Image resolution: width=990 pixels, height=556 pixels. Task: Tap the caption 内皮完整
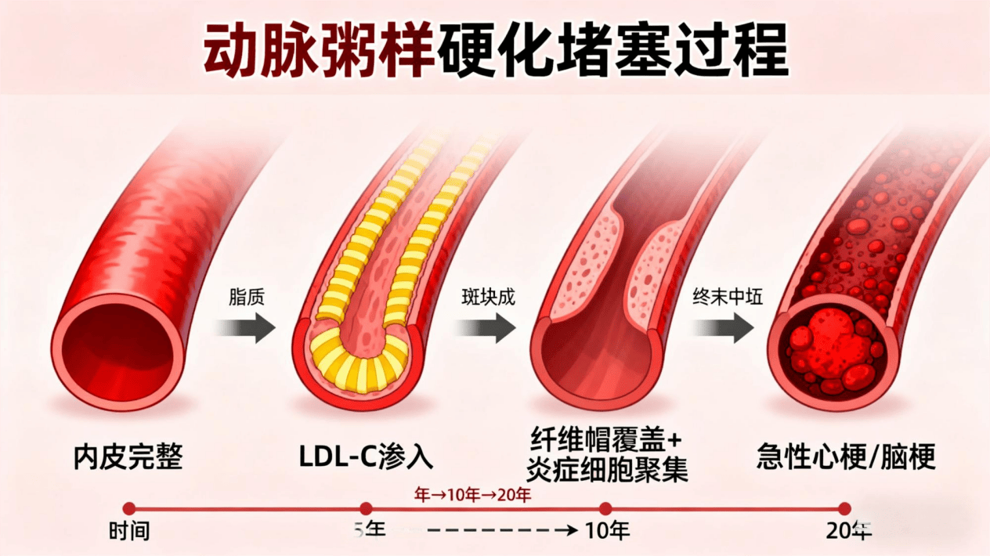[x=128, y=457]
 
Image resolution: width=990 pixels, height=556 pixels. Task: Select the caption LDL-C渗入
[x=365, y=457]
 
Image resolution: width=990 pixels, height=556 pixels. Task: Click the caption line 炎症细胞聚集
[x=609, y=471]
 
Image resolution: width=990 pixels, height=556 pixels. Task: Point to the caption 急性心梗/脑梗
[x=846, y=457]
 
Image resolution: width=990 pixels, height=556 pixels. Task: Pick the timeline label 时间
[x=129, y=532]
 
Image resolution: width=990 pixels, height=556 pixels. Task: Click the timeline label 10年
[x=608, y=532]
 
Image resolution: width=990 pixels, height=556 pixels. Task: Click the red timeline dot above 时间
[x=129, y=509]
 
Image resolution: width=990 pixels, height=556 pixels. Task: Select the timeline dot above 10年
[x=605, y=509]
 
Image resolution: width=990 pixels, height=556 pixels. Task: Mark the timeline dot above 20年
[x=844, y=509]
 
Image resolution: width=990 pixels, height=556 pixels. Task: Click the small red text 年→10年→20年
[x=472, y=495]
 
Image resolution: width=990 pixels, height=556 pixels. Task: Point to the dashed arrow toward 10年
[x=493, y=531]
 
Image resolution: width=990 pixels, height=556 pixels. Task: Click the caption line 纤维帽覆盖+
[x=609, y=441]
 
